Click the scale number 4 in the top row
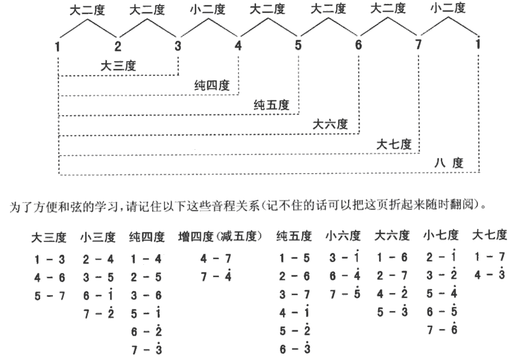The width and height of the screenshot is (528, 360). [x=238, y=45]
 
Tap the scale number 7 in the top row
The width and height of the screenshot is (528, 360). [x=418, y=45]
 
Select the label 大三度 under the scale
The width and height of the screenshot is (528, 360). [x=118, y=66]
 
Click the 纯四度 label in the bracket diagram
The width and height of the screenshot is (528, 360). [x=212, y=85]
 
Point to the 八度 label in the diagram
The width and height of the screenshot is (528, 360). [x=449, y=164]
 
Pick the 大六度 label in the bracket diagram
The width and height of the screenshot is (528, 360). [x=330, y=124]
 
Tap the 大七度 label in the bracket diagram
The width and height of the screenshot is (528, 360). [x=394, y=145]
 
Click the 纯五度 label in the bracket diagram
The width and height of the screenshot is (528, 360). [x=272, y=105]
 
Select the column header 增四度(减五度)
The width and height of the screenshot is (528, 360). [x=220, y=237]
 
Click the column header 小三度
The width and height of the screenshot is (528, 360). [x=98, y=237]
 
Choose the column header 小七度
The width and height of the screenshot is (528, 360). [x=441, y=235]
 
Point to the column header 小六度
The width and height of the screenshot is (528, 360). [x=343, y=236]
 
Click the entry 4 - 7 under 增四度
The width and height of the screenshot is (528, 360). [x=216, y=258]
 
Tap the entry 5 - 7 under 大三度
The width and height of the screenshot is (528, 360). [x=49, y=296]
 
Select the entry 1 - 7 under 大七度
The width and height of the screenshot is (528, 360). [x=490, y=257]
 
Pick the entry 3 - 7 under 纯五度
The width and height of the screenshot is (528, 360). [x=294, y=294]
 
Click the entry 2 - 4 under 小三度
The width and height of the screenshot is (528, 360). [x=98, y=259]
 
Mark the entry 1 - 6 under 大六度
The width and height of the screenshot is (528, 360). [x=392, y=258]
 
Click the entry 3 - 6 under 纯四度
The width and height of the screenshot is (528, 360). [x=146, y=296]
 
